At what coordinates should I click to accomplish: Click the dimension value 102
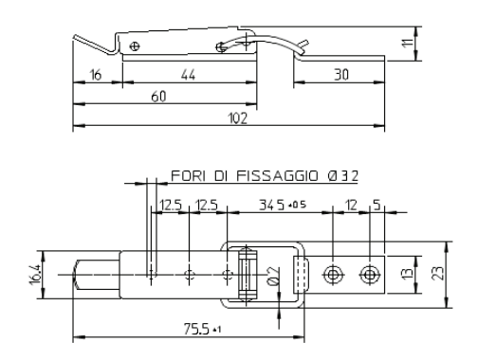238,118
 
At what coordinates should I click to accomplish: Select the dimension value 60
158,97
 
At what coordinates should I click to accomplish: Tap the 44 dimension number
188,75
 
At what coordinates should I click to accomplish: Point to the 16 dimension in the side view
96,75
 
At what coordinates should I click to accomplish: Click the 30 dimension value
341,75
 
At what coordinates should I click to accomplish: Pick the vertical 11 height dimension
408,43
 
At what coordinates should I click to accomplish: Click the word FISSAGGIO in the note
277,175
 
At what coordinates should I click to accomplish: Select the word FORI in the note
188,175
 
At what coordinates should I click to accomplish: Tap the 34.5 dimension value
271,205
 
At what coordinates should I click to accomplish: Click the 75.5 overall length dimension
196,330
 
